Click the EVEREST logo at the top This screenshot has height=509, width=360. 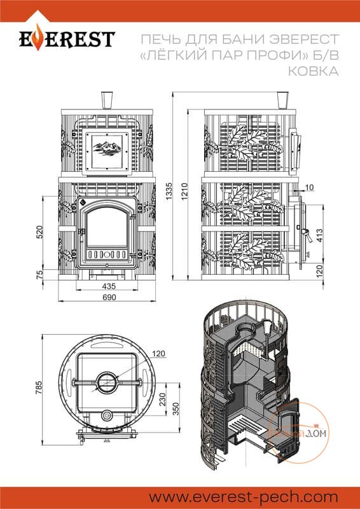(x=67, y=38)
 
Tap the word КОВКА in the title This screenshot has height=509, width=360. (x=314, y=71)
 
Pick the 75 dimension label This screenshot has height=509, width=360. (x=40, y=275)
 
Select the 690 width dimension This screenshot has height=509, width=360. (x=109, y=297)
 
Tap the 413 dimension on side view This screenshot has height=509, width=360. (x=320, y=236)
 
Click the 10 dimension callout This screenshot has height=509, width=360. (x=309, y=187)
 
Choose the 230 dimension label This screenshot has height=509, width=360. (x=162, y=400)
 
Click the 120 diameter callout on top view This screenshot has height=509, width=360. (x=159, y=354)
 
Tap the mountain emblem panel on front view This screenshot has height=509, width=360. (x=107, y=151)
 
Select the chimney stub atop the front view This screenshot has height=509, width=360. (x=107, y=101)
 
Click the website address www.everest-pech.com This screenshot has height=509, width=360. (x=244, y=497)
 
